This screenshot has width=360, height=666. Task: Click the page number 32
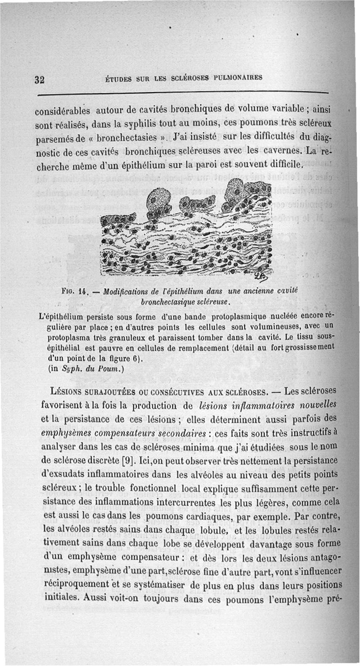39,80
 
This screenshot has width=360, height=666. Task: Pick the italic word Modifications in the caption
126,292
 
